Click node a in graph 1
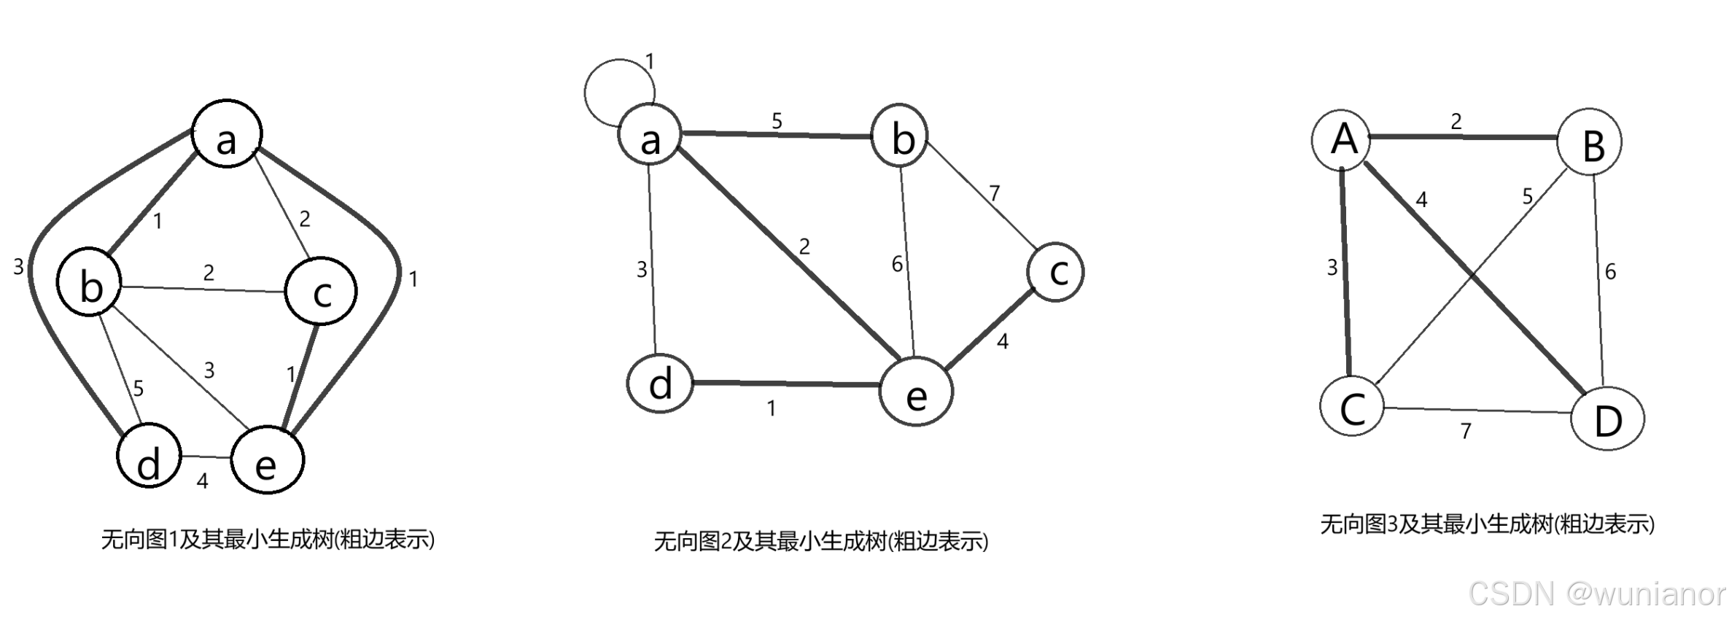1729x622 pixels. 227,133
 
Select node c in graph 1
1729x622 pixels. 321,291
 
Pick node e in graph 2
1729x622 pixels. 916,392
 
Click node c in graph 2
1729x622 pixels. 1055,273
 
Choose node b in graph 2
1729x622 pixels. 900,136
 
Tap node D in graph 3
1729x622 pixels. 1606,419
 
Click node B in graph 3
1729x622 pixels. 1589,143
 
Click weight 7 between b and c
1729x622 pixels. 994,193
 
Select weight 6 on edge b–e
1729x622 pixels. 897,265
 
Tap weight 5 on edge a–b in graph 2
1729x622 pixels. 777,121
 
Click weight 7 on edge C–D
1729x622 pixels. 1466,432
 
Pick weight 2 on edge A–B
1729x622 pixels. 1456,122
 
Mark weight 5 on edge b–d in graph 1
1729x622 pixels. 139,389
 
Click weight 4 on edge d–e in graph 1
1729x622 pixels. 203,481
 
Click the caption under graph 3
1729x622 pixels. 1487,524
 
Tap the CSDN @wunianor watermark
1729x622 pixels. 1597,594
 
